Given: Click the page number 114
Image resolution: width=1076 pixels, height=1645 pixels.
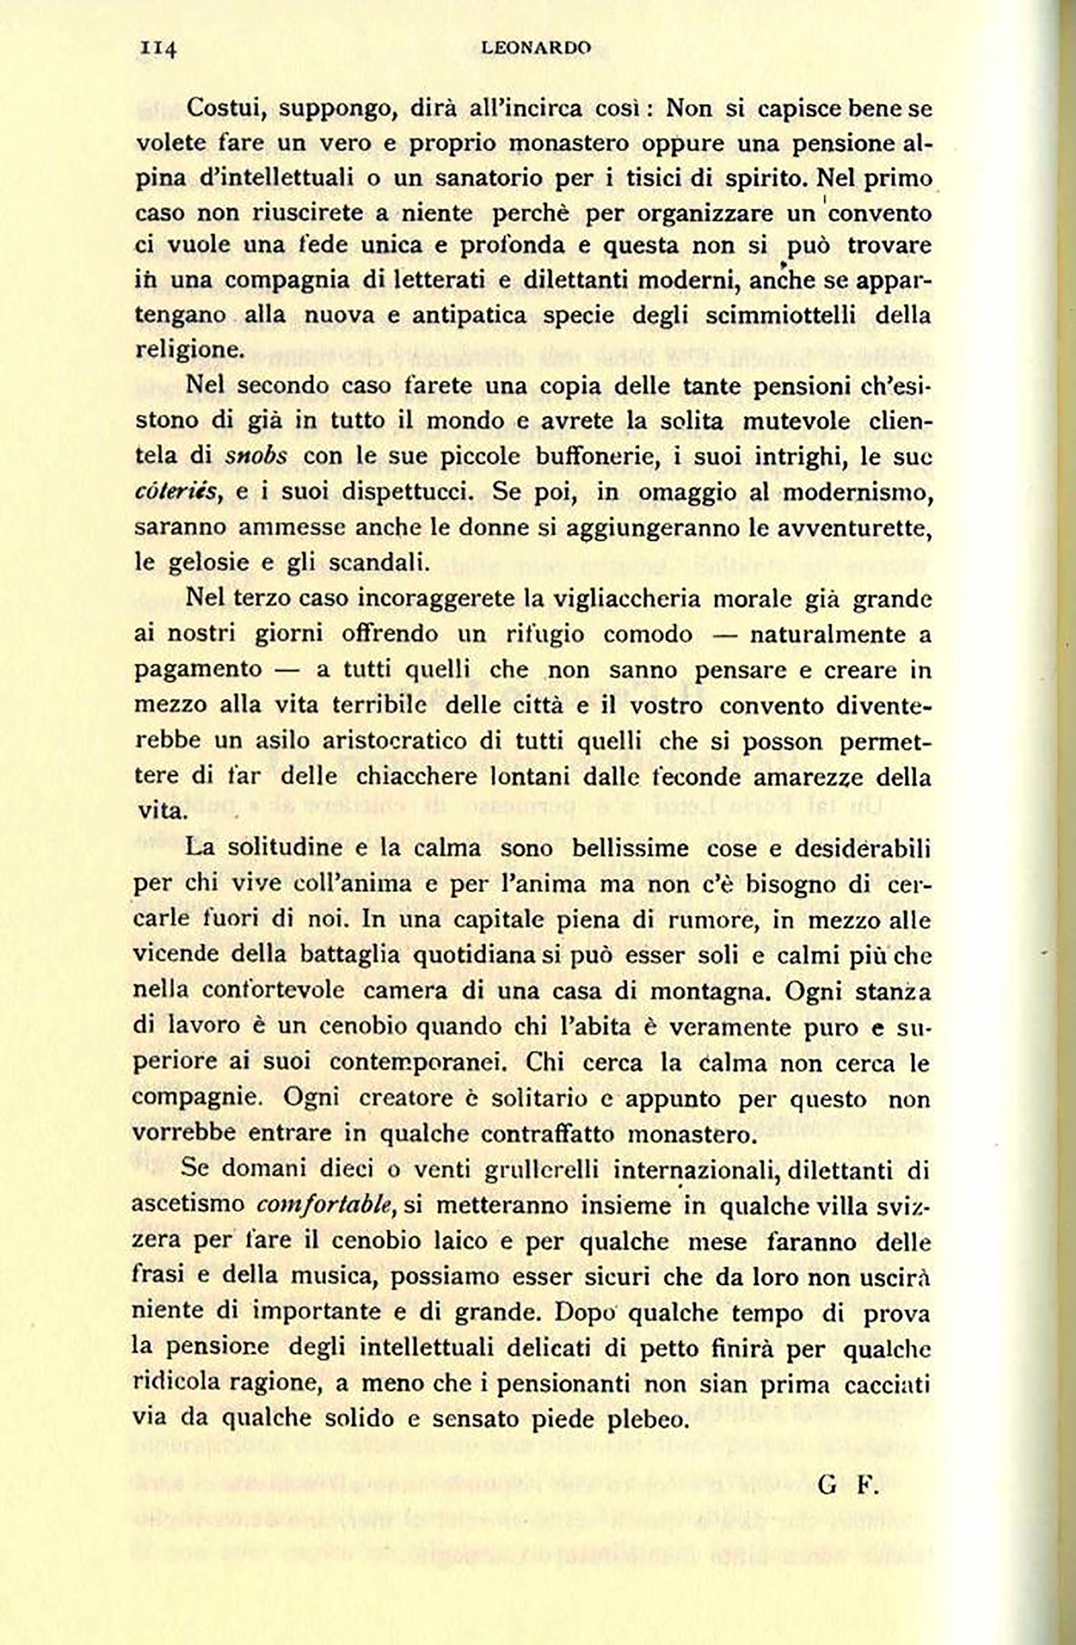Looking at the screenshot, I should coord(159,48).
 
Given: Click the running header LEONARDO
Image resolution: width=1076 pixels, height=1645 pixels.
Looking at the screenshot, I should coord(536,48).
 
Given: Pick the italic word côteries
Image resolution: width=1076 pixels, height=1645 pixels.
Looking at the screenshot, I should coord(178,492).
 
